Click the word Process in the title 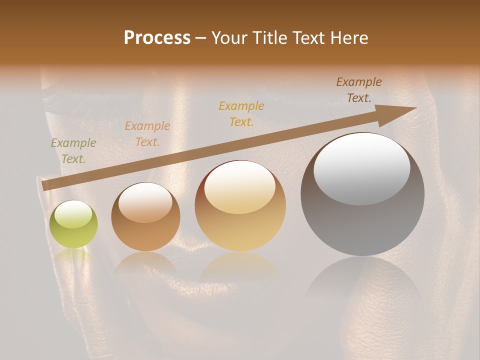(157, 38)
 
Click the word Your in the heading (230, 38)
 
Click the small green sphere (74, 224)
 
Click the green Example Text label (73, 150)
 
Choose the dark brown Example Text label (359, 90)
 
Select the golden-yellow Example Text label (241, 114)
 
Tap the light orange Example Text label (147, 134)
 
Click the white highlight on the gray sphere (362, 169)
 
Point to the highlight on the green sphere (73, 214)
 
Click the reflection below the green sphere (74, 256)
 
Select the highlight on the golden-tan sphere (239, 188)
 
